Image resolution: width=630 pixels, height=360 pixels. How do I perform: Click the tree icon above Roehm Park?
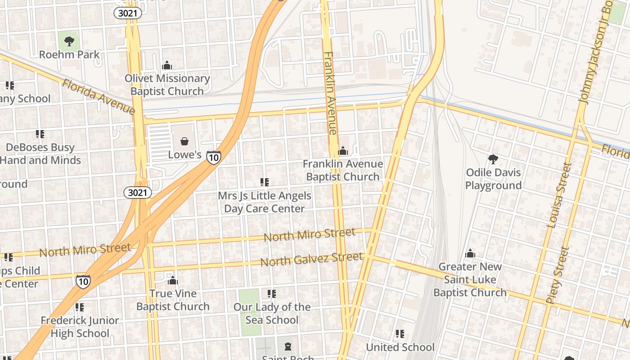coord(69,42)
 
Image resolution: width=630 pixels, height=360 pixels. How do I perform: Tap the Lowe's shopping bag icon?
coord(184,142)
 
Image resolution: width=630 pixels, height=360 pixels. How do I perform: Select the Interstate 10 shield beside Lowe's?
coord(214,157)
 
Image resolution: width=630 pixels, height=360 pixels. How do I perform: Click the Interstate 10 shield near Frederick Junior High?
coord(83,281)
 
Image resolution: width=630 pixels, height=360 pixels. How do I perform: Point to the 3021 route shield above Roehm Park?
coord(127,13)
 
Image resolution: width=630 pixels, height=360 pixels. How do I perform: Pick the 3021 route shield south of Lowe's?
coord(138,193)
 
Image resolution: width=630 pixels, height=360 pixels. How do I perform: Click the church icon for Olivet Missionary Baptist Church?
coord(167,66)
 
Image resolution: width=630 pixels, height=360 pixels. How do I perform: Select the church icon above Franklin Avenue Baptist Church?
coord(343,151)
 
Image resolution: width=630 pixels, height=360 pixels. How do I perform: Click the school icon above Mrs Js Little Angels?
coord(265,182)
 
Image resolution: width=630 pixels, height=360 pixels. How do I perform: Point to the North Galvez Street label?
coord(311,259)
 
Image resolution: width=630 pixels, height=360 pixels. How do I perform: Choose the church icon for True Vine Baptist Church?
coord(173,281)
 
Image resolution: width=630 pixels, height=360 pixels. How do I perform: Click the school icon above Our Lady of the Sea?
coord(271,294)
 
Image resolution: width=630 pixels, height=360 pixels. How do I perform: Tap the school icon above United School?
coord(400,334)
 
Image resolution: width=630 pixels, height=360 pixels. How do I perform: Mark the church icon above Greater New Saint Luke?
coord(470,254)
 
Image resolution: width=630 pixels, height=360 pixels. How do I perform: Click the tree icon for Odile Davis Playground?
coord(493,159)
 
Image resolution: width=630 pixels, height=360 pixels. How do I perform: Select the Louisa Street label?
coord(559,195)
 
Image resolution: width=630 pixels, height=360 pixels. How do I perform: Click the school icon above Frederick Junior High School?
coord(80,307)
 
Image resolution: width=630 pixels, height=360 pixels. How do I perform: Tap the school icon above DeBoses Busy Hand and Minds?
coord(40,134)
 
